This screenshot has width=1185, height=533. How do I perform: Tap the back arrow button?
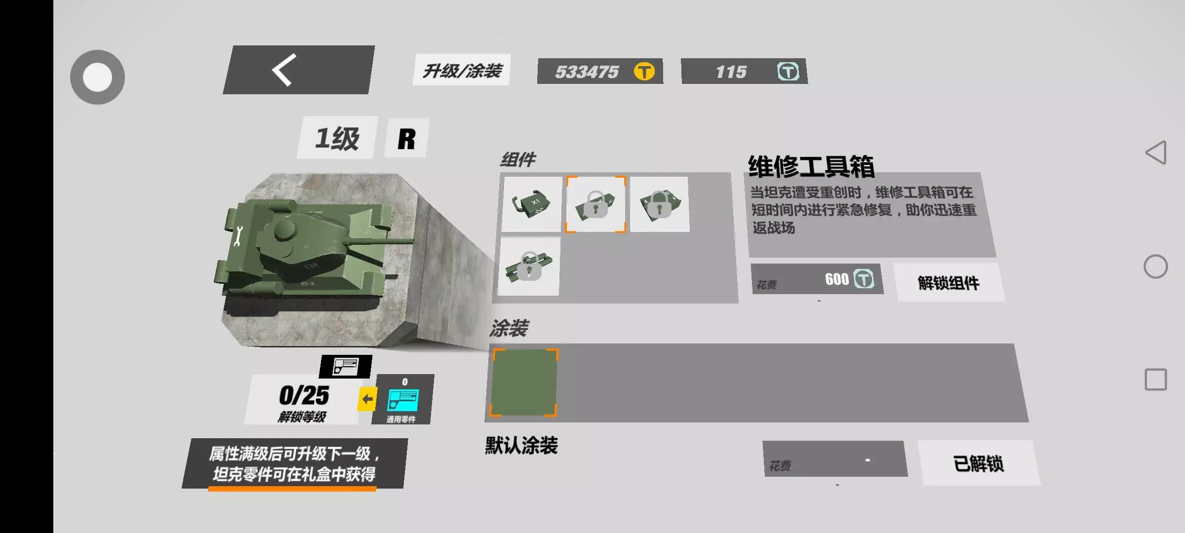click(x=298, y=70)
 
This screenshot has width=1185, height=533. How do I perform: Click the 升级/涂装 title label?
click(x=462, y=70)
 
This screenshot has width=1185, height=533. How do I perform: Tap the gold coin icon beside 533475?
click(x=644, y=72)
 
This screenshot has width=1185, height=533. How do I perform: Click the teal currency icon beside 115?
click(x=788, y=72)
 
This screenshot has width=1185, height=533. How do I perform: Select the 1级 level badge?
click(x=337, y=138)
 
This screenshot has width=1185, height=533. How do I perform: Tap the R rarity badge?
click(x=407, y=138)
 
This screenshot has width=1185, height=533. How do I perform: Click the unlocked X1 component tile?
click(x=532, y=204)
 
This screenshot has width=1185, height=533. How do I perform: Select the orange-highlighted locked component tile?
click(x=595, y=204)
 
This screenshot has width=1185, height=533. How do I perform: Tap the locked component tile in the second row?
click(x=529, y=266)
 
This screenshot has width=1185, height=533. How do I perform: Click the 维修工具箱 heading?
click(x=811, y=166)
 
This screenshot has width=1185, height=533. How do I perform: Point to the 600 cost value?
click(x=837, y=279)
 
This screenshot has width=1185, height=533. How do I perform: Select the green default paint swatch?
click(x=524, y=382)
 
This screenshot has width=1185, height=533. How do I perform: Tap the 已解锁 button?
click(x=979, y=463)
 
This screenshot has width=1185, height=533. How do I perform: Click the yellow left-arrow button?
click(x=367, y=399)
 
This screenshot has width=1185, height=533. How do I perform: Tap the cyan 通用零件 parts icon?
click(x=403, y=400)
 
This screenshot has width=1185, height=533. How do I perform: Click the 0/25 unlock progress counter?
click(x=304, y=395)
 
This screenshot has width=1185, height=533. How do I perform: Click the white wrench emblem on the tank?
click(x=238, y=236)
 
